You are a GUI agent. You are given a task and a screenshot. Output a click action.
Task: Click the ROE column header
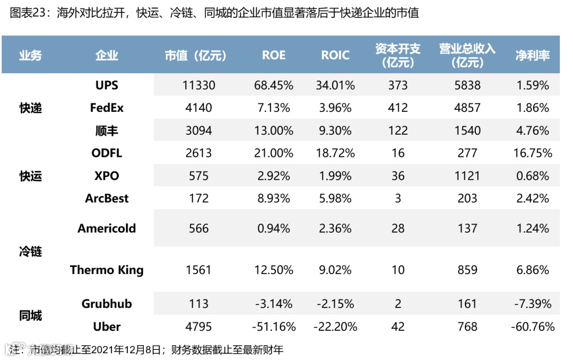(x=274, y=55)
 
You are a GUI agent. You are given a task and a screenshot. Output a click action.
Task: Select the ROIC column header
(x=335, y=55)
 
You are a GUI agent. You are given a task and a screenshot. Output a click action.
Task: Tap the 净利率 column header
(x=532, y=55)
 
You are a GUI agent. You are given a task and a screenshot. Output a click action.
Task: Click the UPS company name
(x=107, y=85)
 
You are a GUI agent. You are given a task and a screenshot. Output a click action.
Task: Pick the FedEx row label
(x=107, y=108)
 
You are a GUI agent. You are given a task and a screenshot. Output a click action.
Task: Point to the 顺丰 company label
(x=107, y=130)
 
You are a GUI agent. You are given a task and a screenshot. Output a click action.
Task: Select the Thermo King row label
(x=107, y=270)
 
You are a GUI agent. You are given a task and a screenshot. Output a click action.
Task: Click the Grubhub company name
(x=107, y=304)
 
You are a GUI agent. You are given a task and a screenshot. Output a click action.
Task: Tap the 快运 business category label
(x=30, y=176)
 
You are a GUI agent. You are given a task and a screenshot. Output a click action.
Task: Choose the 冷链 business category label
(x=30, y=251)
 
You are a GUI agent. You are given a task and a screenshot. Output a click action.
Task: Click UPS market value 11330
(x=199, y=85)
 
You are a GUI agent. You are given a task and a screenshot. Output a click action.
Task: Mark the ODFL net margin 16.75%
(x=532, y=153)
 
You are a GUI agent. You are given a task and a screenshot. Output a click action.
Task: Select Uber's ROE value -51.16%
(x=274, y=327)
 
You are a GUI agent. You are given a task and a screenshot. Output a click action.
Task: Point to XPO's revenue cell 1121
(x=467, y=176)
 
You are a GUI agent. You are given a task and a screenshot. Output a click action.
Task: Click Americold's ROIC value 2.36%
(x=335, y=229)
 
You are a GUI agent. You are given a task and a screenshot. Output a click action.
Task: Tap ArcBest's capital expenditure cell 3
(x=398, y=199)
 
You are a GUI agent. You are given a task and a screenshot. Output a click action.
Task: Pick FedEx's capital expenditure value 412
(x=398, y=108)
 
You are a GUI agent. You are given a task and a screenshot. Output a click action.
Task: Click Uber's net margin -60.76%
(x=532, y=327)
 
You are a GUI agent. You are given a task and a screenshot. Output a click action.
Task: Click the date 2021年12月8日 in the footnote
(x=126, y=350)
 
